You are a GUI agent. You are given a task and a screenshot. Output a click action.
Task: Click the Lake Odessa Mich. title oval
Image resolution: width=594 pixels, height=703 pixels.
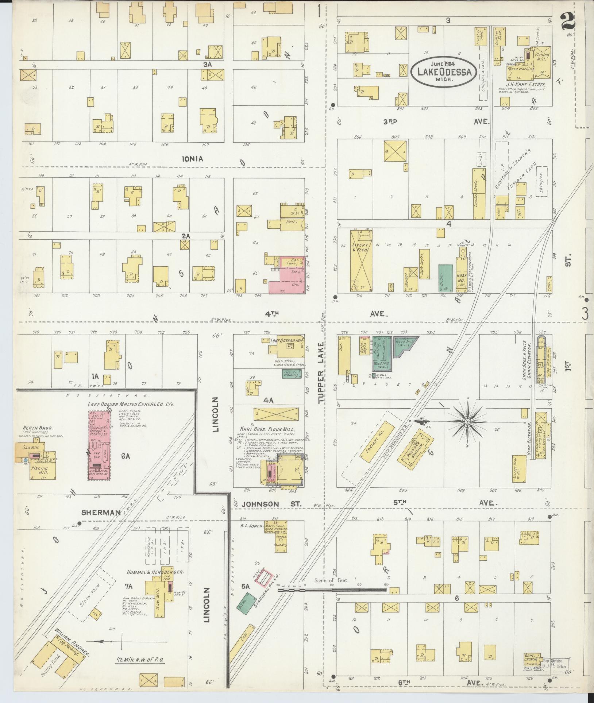(443, 71)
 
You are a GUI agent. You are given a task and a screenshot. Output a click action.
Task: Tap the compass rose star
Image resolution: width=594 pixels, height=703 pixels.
(468, 422)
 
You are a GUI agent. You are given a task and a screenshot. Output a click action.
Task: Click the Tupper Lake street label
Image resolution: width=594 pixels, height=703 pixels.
(321, 372)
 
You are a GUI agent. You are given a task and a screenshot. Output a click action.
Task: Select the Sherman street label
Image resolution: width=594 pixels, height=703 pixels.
(101, 513)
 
